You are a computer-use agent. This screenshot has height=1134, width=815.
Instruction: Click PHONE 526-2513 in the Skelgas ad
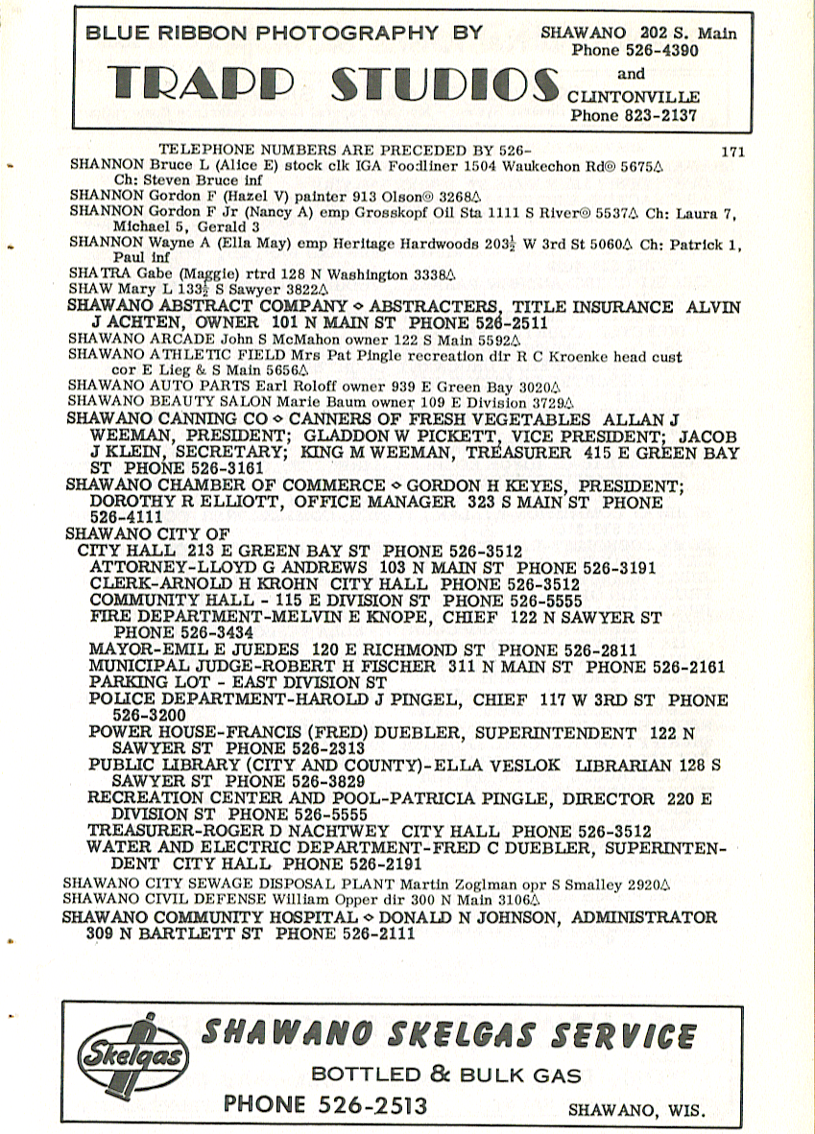pyautogui.click(x=325, y=1104)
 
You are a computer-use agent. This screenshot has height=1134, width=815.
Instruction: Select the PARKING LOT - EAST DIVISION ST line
pyautogui.click(x=237, y=682)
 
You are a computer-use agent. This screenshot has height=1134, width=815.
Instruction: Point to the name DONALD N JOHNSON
pyautogui.click(x=475, y=917)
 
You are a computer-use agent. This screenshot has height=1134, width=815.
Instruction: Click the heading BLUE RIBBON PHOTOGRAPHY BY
pyautogui.click(x=284, y=32)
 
